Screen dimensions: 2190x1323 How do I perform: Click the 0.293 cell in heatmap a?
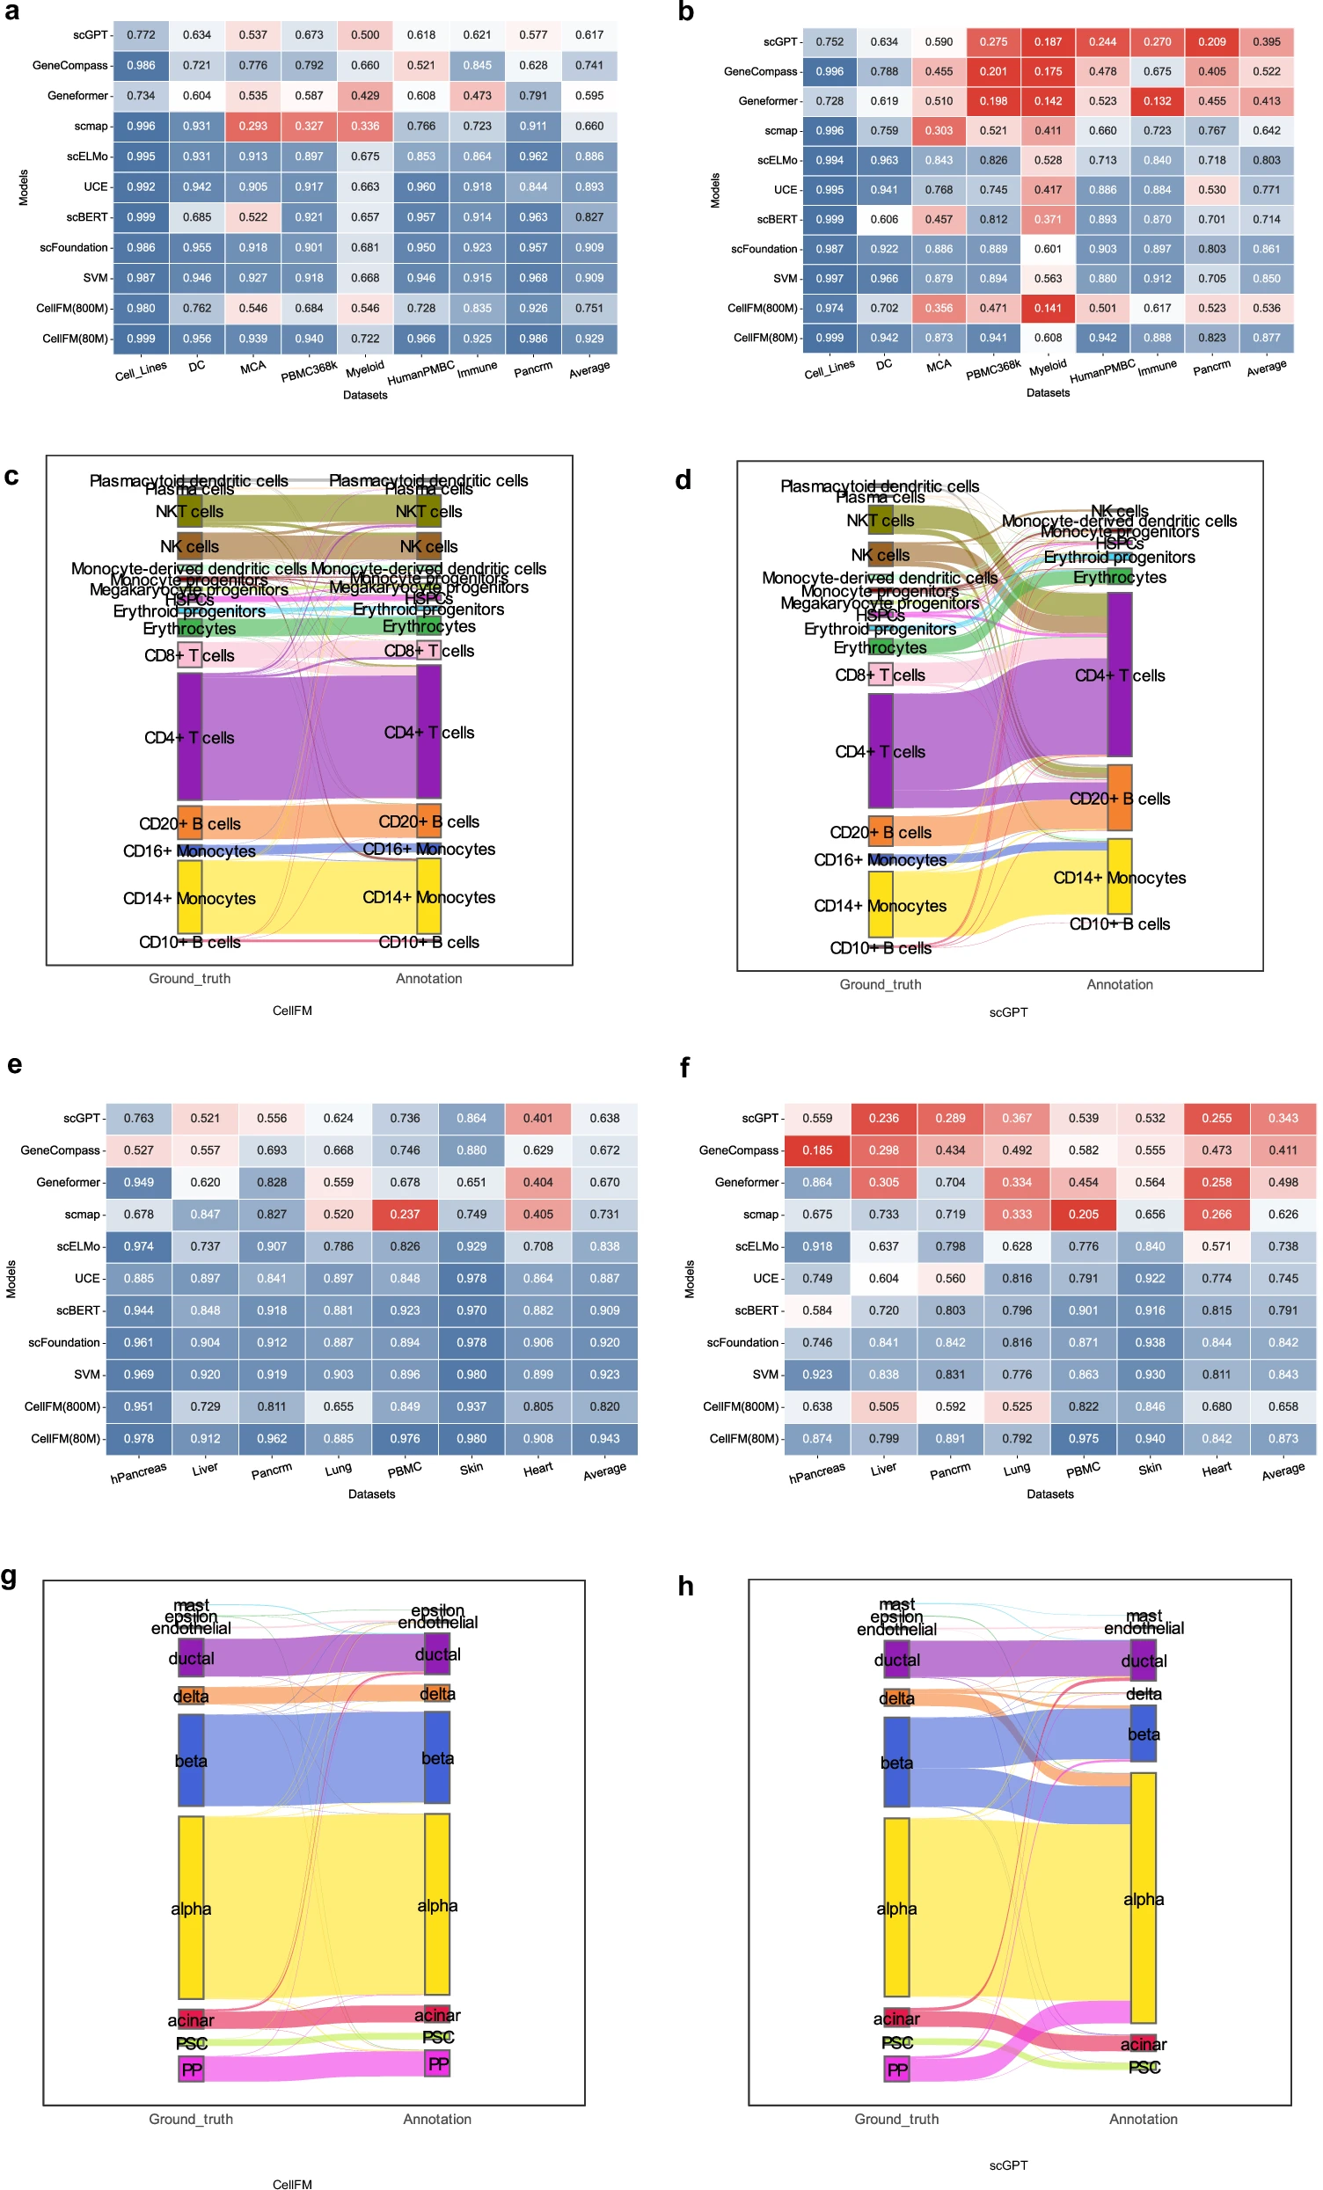tap(252, 126)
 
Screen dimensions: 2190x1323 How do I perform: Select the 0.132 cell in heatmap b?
tap(1157, 101)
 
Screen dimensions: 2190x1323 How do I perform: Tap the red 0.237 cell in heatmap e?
tap(405, 1214)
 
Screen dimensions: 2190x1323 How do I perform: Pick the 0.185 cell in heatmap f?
tap(817, 1150)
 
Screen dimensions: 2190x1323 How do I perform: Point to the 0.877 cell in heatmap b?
tap(1266, 338)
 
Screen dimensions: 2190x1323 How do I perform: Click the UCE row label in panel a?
tap(96, 186)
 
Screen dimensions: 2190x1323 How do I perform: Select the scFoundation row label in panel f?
tap(742, 1342)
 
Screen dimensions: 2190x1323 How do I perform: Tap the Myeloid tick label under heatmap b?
tap(1048, 367)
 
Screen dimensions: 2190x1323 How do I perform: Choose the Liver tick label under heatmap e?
tap(204, 1468)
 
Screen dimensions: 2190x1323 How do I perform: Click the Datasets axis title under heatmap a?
tap(365, 395)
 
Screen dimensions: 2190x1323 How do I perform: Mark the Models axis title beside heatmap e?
tap(11, 1278)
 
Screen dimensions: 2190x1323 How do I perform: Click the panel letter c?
tap(11, 477)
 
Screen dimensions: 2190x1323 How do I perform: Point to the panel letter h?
tap(685, 1587)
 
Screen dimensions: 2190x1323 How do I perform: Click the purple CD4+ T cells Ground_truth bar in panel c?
tap(189, 736)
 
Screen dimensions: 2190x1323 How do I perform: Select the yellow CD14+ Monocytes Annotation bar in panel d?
tap(1120, 875)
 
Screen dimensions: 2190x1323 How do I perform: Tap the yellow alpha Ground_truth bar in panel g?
tap(190, 1908)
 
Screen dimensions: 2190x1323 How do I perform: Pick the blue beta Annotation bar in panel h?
tap(1143, 1734)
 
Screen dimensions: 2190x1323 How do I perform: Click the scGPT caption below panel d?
tap(1008, 1012)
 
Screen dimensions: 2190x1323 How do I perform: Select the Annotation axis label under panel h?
tap(1143, 2119)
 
